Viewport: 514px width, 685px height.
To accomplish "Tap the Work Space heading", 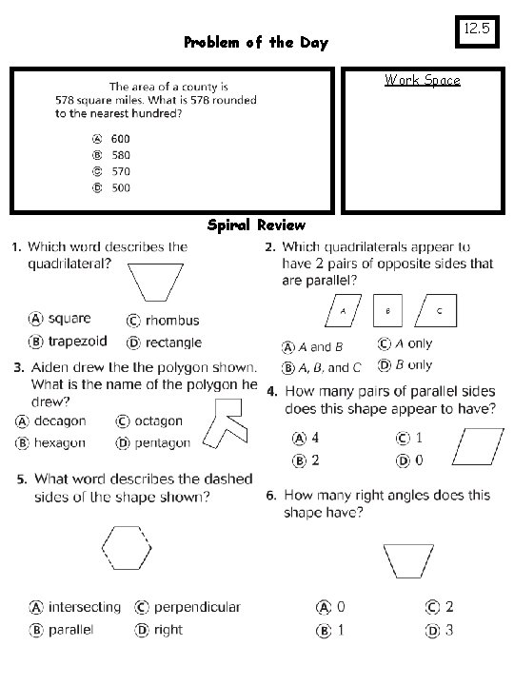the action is [x=422, y=80].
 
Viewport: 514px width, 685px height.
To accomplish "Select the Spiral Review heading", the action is [x=256, y=225].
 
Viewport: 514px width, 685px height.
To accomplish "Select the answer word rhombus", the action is [x=171, y=321].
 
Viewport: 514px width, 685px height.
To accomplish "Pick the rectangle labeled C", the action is [x=439, y=310].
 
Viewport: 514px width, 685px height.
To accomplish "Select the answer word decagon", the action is [x=59, y=421].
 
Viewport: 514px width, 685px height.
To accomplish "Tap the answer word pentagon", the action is [x=160, y=442].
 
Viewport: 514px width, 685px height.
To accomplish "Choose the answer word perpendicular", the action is [x=197, y=607].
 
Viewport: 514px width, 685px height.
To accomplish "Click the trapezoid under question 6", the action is [x=417, y=560].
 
